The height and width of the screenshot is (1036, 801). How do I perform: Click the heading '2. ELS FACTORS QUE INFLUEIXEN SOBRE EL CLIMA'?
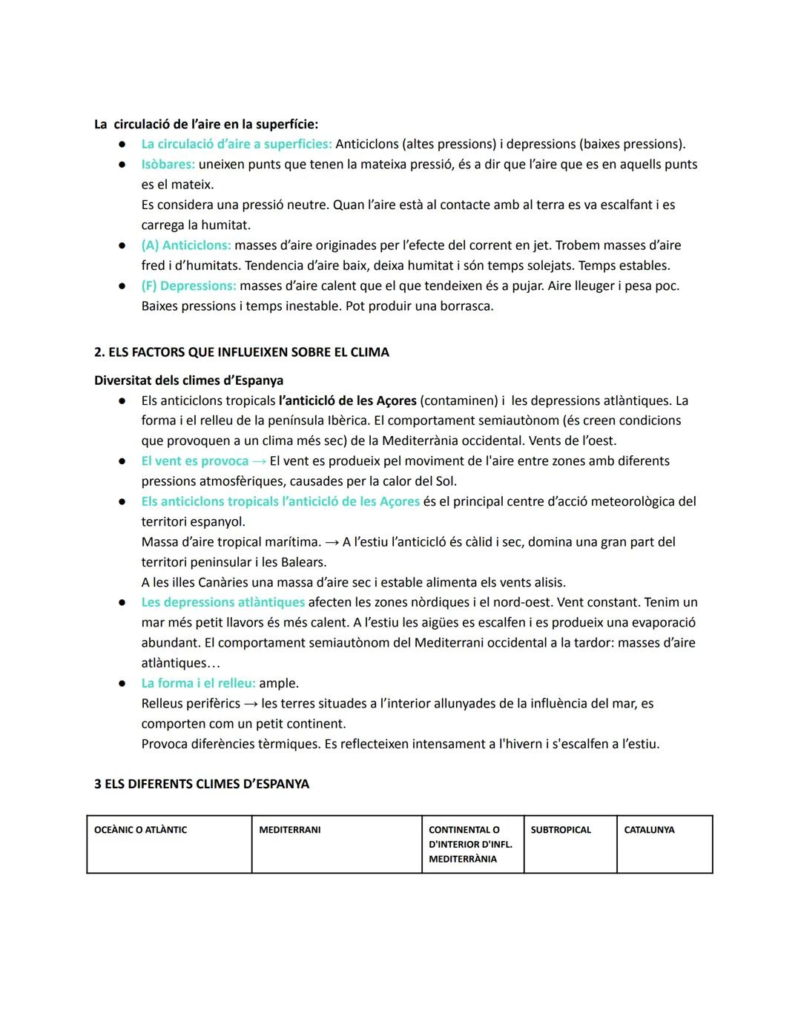(x=241, y=352)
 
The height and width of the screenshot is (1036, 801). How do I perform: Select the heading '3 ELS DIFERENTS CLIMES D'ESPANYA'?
(x=201, y=784)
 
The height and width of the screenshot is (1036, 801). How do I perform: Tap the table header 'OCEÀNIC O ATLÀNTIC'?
(x=140, y=830)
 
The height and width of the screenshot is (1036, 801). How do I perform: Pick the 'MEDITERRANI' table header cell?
(x=289, y=830)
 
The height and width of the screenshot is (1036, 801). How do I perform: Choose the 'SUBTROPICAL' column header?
(x=561, y=830)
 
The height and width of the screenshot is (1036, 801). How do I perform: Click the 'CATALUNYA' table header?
(x=649, y=830)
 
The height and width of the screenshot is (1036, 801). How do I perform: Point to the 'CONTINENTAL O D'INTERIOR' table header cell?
(x=470, y=844)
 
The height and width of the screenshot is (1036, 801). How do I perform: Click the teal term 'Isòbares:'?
(x=168, y=165)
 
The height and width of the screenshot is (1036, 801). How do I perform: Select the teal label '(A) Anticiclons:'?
(x=186, y=245)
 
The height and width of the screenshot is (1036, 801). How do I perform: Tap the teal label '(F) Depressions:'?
(x=188, y=286)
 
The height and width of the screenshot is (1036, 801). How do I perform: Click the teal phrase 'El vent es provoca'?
(x=195, y=461)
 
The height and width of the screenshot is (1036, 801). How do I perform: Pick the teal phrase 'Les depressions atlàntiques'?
(x=222, y=602)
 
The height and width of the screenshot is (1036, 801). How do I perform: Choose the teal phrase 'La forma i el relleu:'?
(x=198, y=683)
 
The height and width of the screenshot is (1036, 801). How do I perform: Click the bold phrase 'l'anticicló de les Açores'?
(x=348, y=400)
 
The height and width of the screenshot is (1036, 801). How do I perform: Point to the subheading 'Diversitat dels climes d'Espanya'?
(x=188, y=380)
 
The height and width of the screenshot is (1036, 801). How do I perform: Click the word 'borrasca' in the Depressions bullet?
(x=467, y=306)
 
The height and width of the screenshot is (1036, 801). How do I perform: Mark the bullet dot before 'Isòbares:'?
(x=122, y=165)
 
